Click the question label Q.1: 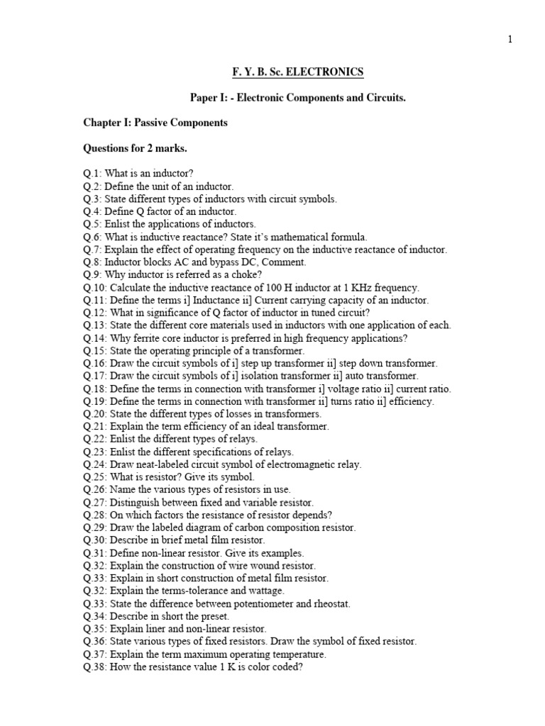(92, 174)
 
